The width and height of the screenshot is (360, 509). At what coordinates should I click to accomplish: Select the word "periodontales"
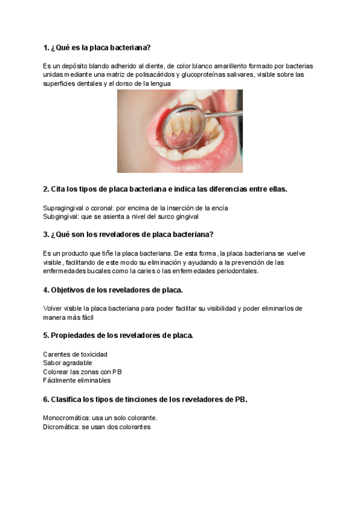tap(237, 271)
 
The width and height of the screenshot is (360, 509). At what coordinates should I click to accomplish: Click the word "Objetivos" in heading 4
tap(70, 291)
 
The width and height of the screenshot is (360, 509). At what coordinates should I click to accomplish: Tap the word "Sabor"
tap(52, 363)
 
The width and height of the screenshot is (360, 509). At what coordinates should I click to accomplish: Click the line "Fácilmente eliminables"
tap(77, 380)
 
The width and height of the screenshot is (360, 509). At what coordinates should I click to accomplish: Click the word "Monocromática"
tap(65, 418)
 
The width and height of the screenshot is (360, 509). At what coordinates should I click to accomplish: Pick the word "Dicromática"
tap(61, 427)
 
